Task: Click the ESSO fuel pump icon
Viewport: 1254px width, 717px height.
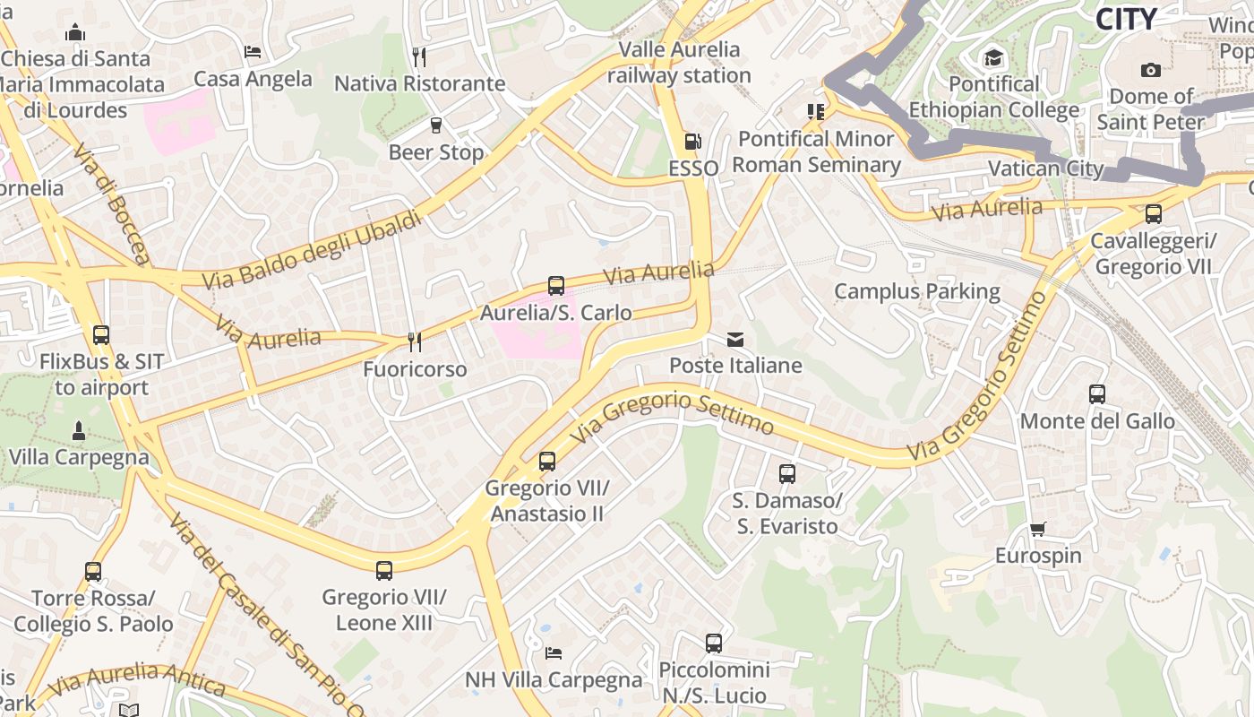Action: [x=691, y=142]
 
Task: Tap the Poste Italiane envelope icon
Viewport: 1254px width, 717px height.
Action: [x=735, y=340]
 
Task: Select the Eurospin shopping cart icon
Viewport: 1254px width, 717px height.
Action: [x=1037, y=529]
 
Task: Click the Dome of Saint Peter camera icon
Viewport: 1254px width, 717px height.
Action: [x=1150, y=70]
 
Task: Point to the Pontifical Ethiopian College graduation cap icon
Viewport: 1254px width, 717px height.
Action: [x=993, y=58]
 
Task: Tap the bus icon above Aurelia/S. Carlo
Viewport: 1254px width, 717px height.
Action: [x=555, y=286]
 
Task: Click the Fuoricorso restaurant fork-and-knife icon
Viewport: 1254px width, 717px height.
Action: [x=414, y=341]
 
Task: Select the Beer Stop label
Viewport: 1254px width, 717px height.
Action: [x=435, y=152]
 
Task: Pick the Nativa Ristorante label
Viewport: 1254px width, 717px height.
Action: [x=419, y=83]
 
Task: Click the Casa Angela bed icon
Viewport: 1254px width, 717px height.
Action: [x=253, y=52]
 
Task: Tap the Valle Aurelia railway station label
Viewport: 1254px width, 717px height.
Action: [x=679, y=62]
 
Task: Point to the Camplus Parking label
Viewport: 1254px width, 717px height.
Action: [x=917, y=291]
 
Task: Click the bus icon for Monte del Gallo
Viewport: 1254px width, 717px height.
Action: [x=1096, y=393]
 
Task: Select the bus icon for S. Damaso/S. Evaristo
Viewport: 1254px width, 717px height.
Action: [x=786, y=473]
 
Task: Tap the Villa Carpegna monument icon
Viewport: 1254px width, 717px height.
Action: [x=78, y=431]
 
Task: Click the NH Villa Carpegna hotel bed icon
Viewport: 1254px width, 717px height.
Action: [x=554, y=652]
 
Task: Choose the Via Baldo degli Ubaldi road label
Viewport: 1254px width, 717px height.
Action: [x=311, y=250]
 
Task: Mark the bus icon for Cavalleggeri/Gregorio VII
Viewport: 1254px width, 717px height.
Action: [x=1153, y=214]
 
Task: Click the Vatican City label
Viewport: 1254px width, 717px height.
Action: [x=1047, y=168]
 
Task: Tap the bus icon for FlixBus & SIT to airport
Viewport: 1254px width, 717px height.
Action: [x=100, y=335]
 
